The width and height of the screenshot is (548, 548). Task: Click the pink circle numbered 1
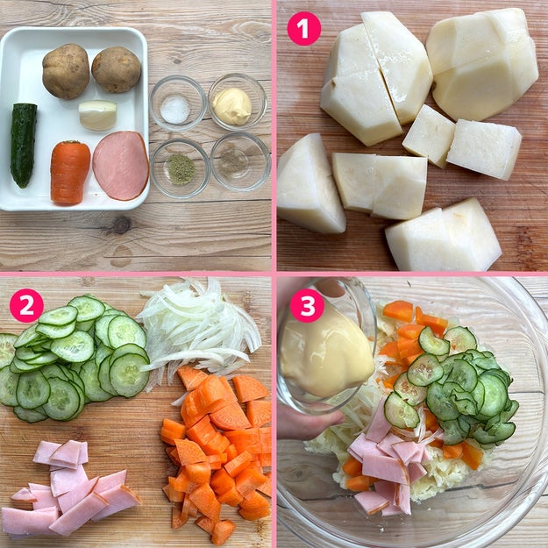coord(303,29)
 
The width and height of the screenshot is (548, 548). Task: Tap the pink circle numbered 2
coord(26,305)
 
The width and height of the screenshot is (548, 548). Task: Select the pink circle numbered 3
coord(307,305)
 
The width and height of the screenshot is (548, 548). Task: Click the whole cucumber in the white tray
coord(23,145)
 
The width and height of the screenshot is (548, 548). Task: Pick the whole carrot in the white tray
coord(69,173)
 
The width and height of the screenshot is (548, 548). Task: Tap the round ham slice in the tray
coord(121,166)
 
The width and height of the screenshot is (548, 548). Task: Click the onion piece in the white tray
coord(97,115)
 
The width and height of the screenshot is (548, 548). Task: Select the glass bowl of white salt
coord(178,103)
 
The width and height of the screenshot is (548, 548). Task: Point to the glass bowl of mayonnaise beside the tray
coord(238,102)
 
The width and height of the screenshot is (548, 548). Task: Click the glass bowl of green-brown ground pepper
coord(181,168)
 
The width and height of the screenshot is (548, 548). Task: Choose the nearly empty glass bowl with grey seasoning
coord(240,162)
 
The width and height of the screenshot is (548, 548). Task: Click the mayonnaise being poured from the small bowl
coord(326,353)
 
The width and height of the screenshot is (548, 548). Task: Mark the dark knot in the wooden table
coord(121,225)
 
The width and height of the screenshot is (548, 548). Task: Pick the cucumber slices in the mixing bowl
coord(454,388)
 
